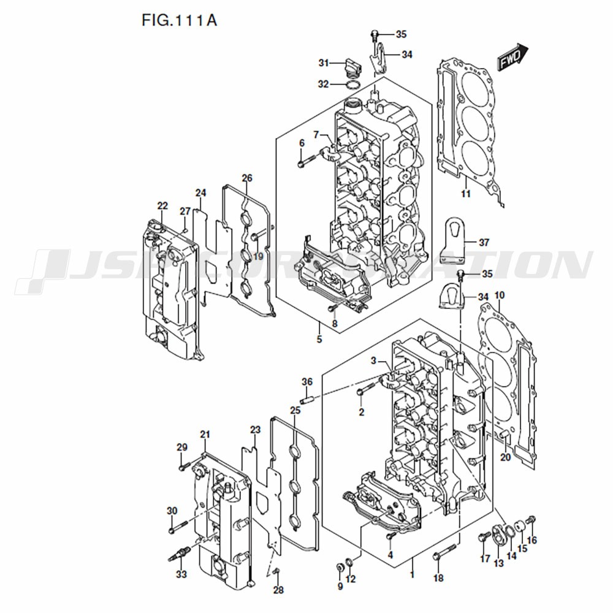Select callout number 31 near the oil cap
tap(324, 63)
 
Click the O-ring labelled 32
tap(352, 83)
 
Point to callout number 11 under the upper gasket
tap(466, 194)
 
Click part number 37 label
tap(484, 243)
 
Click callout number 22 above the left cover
tap(162, 206)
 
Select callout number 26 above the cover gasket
tap(246, 178)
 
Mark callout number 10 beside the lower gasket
tap(500, 295)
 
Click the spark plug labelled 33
tap(179, 556)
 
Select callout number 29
tap(181, 446)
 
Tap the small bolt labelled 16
tap(531, 520)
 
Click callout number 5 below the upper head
tap(319, 339)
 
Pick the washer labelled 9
tap(341, 564)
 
